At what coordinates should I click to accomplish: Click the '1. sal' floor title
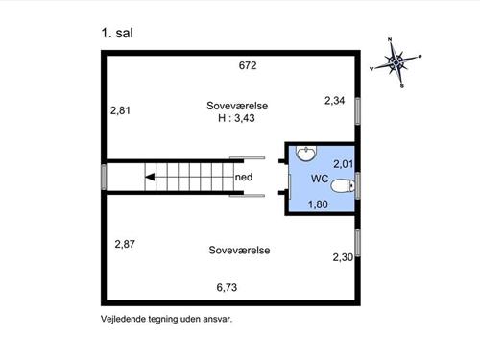(x=116, y=33)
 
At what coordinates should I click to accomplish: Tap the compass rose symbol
(x=398, y=62)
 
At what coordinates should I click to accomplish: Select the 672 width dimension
(x=250, y=65)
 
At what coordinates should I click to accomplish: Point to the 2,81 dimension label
(x=121, y=110)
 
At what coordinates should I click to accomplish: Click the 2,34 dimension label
(x=334, y=100)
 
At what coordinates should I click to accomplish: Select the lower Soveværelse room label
(x=239, y=250)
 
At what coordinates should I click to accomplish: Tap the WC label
(x=320, y=180)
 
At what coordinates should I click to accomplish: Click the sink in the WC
(x=306, y=153)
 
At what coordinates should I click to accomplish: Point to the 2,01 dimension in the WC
(x=344, y=165)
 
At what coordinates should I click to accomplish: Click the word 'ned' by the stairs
(x=244, y=177)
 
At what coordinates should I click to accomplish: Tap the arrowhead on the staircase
(x=150, y=177)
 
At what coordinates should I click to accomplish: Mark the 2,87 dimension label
(x=125, y=244)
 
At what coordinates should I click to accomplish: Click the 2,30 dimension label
(x=343, y=256)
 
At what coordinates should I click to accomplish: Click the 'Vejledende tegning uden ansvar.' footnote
(x=166, y=319)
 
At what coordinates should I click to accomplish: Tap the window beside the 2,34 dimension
(x=358, y=109)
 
